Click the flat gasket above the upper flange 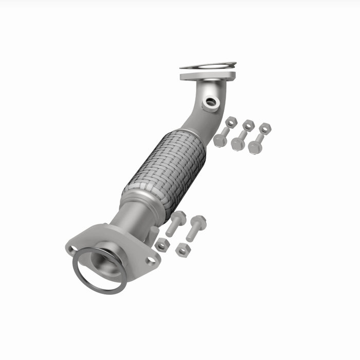point(208,66)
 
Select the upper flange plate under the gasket point(207,76)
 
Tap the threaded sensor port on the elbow point(211,103)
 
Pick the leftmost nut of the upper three point(231,122)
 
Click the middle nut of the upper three point(249,124)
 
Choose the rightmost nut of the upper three point(265,128)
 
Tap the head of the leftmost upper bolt point(220,141)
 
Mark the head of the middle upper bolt point(237,145)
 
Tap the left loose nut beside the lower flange point(163,245)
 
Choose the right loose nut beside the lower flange point(183,250)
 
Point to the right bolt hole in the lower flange point(151,260)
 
